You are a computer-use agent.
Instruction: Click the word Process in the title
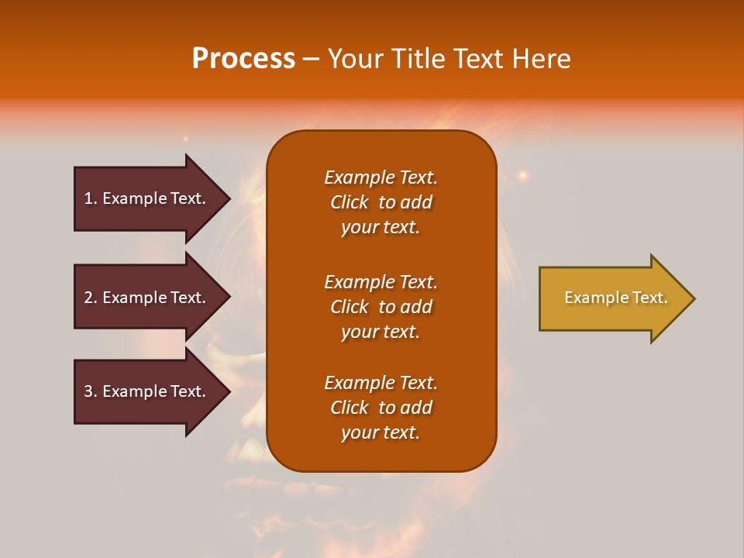pos(243,59)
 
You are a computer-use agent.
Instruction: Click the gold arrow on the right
pos(612,298)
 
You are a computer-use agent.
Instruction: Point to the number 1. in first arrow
pos(91,198)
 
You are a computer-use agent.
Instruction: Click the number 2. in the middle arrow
pos(91,298)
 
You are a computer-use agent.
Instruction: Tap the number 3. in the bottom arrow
pos(91,391)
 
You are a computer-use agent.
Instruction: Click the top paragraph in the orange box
pos(381,202)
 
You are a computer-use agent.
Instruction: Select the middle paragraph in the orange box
pos(381,307)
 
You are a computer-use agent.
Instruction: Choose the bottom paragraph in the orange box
pos(381,408)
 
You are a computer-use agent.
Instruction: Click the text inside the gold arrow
pos(615,298)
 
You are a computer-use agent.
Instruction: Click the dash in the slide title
pos(311,59)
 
